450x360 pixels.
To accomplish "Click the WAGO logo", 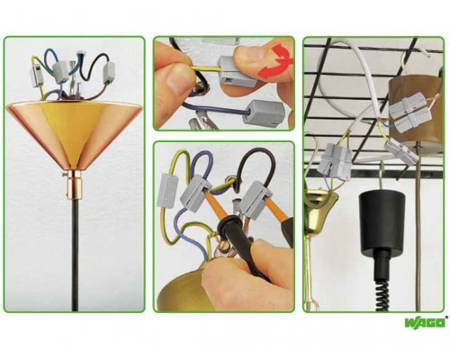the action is pos(425,323).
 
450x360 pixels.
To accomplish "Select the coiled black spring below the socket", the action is pos(382,295).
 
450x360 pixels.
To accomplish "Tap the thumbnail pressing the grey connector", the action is pos(249,56).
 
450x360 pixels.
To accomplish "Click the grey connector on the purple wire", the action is pos(264,113).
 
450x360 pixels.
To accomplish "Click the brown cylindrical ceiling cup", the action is pos(416,110).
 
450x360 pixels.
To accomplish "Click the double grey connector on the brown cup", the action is pos(410,112).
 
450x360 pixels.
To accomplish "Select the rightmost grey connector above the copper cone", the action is pos(109,72).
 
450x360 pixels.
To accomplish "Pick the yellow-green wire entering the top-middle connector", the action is pos(205,69).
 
